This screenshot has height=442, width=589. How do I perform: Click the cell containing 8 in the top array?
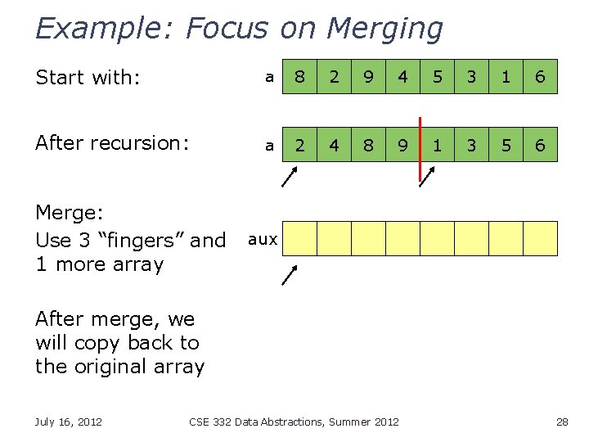pos(300,77)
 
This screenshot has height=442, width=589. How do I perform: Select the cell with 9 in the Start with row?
pos(369,77)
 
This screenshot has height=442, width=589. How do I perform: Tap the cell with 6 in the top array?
pos(540,77)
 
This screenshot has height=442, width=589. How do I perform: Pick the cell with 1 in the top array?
pos(506,77)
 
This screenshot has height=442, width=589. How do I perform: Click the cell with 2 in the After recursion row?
pos(300,145)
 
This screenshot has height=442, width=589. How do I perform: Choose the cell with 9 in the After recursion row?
pos(403,145)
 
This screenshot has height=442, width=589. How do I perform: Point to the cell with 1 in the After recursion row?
pos(438,145)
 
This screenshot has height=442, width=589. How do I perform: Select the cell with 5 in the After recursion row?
pos(506,145)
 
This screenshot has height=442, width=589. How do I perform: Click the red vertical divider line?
pos(420,150)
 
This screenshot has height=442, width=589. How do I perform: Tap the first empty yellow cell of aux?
pos(300,238)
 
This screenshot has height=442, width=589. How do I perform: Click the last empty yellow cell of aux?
pos(540,238)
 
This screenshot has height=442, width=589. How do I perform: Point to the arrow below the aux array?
pos(290,274)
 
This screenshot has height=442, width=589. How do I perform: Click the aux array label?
pos(263,239)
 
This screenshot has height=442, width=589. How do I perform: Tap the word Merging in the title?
pos(384,29)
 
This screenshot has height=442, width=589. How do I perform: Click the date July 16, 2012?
pos(69,422)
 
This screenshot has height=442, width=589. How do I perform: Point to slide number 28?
pos(561,422)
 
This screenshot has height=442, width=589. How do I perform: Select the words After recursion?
pos(112,143)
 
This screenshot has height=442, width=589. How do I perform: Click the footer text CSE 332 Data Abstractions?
pos(270,422)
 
